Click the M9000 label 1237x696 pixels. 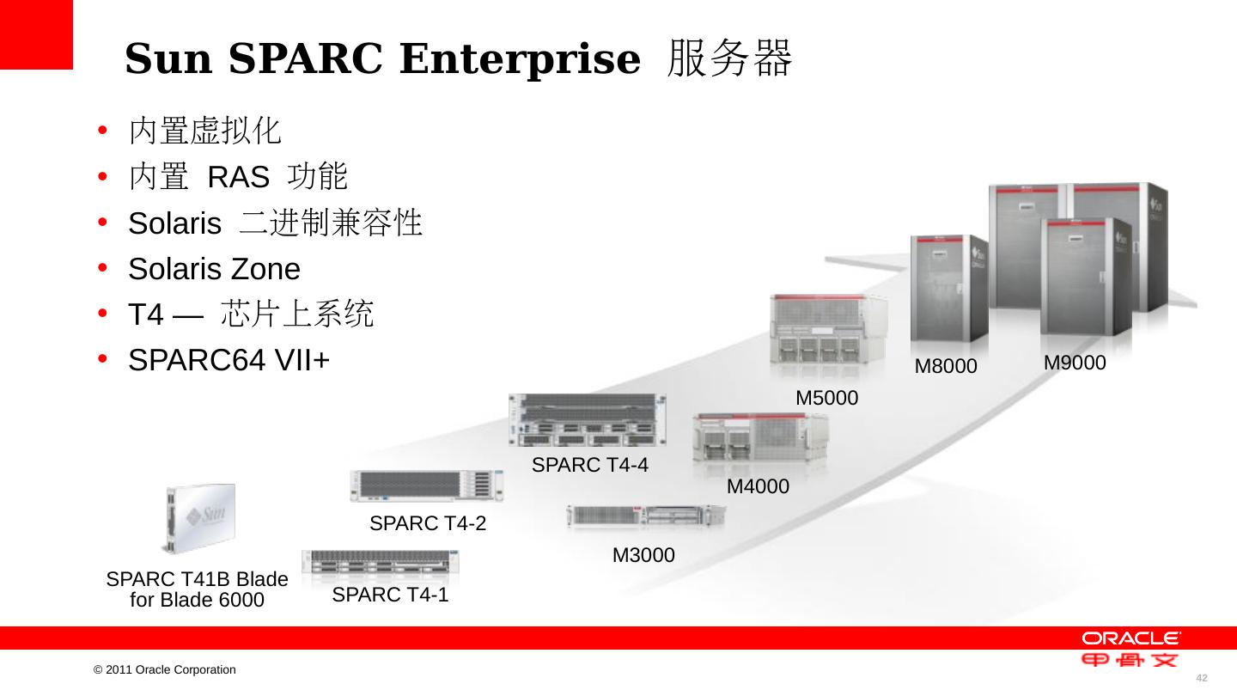pyautogui.click(x=1074, y=363)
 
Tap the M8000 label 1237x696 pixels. pyautogui.click(x=946, y=367)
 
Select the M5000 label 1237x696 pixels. pyautogui.click(x=826, y=398)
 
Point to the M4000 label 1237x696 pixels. pyautogui.click(x=758, y=486)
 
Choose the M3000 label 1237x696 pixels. pyautogui.click(x=643, y=556)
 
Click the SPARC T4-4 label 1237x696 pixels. pyautogui.click(x=589, y=466)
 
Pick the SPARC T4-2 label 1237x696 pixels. pyautogui.click(x=427, y=522)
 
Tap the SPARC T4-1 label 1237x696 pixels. pyautogui.click(x=390, y=595)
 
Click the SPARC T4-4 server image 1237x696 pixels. pyautogui.click(x=588, y=419)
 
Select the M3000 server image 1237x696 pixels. pyautogui.click(x=645, y=516)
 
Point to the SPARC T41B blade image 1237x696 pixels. pyautogui.click(x=200, y=517)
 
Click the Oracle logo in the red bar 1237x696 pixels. pyautogui.click(x=1130, y=638)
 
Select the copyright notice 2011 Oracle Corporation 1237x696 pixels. pyautogui.click(x=165, y=669)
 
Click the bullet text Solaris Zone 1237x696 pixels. pyautogui.click(x=214, y=270)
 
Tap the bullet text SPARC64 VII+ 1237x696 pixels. pyautogui.click(x=229, y=361)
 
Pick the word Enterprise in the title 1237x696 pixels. pyautogui.click(x=519, y=59)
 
